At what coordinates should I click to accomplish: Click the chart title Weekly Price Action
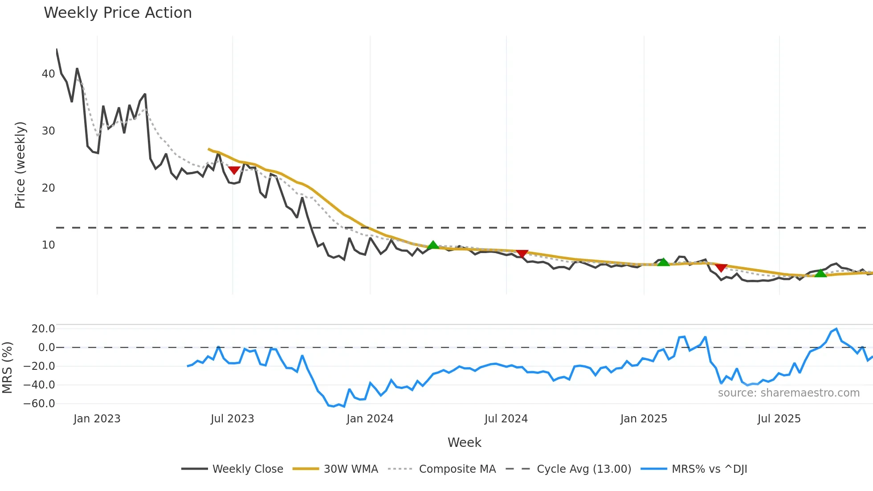118,13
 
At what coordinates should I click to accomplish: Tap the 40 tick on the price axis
48,74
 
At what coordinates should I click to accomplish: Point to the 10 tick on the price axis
48,245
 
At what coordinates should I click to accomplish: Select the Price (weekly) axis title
20,165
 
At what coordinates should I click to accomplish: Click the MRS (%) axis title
7,368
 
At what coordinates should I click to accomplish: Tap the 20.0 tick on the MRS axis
43,329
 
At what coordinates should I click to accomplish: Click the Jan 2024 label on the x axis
370,419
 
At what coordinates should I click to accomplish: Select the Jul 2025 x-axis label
779,419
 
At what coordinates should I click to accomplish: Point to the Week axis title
464,442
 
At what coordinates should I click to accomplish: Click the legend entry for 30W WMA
351,469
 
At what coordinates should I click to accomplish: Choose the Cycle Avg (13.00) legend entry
583,469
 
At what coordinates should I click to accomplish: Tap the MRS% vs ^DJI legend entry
709,469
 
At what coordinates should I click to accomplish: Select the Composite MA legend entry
457,469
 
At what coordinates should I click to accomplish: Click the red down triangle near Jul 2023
234,170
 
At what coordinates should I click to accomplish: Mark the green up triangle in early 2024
433,245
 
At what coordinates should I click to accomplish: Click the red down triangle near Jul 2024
522,254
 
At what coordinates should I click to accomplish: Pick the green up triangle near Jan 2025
664,262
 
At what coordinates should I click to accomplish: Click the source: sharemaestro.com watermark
788,393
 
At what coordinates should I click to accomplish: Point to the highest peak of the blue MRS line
836,329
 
